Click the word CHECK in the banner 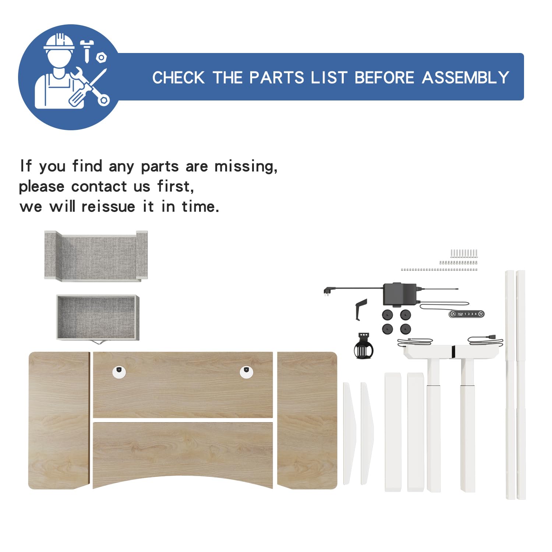tap(178, 78)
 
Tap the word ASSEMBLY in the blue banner tap(466, 78)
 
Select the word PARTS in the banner tap(277, 78)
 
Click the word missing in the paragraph tap(246, 166)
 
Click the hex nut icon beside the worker tap(101, 58)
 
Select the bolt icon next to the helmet tap(87, 51)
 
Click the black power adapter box tap(400, 294)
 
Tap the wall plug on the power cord tap(327, 292)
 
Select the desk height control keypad tap(467, 314)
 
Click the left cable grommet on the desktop tap(119, 372)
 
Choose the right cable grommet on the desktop tap(246, 372)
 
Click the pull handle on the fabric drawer tap(98, 342)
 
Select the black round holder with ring tap(364, 346)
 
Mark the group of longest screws tap(464, 253)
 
